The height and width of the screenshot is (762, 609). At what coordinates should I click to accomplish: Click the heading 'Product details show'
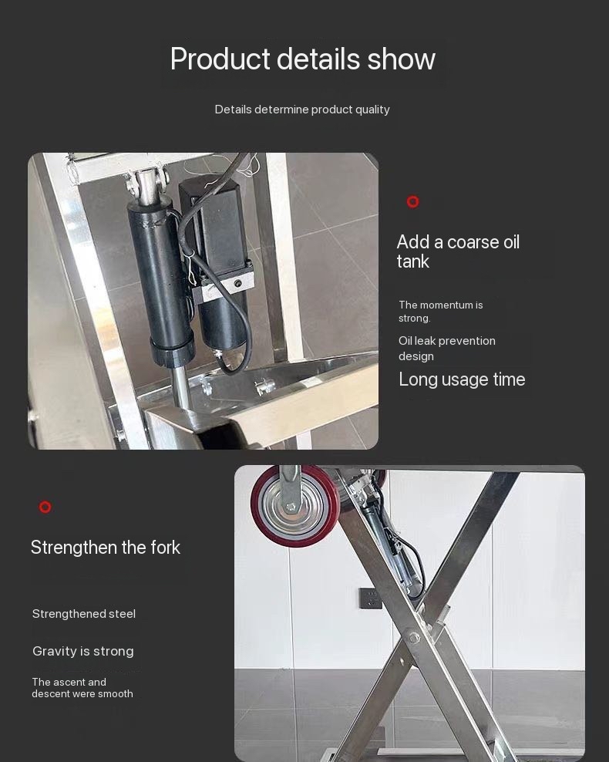(302, 59)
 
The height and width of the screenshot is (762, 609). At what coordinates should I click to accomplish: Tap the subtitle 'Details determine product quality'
(302, 110)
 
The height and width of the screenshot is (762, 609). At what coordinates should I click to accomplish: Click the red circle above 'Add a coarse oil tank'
(413, 202)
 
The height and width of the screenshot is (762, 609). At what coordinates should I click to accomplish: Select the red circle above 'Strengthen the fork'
(45, 507)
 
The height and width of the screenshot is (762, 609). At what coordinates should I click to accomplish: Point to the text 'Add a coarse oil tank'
(458, 251)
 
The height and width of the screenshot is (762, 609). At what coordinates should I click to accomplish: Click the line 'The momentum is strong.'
(440, 312)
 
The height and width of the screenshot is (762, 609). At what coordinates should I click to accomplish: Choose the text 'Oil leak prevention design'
(446, 349)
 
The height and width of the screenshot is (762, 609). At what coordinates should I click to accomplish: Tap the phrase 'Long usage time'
(462, 379)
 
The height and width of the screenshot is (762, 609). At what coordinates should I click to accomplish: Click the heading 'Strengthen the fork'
(106, 548)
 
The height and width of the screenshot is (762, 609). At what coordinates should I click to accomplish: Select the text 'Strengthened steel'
(84, 614)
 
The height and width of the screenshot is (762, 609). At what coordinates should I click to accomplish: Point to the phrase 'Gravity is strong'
(83, 652)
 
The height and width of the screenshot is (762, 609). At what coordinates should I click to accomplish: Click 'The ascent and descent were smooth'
(82, 688)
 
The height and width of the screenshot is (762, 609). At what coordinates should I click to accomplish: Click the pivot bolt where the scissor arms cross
(415, 637)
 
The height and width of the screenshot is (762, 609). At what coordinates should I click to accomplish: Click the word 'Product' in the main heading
(220, 59)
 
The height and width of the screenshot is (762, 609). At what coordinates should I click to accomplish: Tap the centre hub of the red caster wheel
(291, 507)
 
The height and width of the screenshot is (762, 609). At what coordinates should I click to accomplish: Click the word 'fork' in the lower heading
(165, 548)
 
